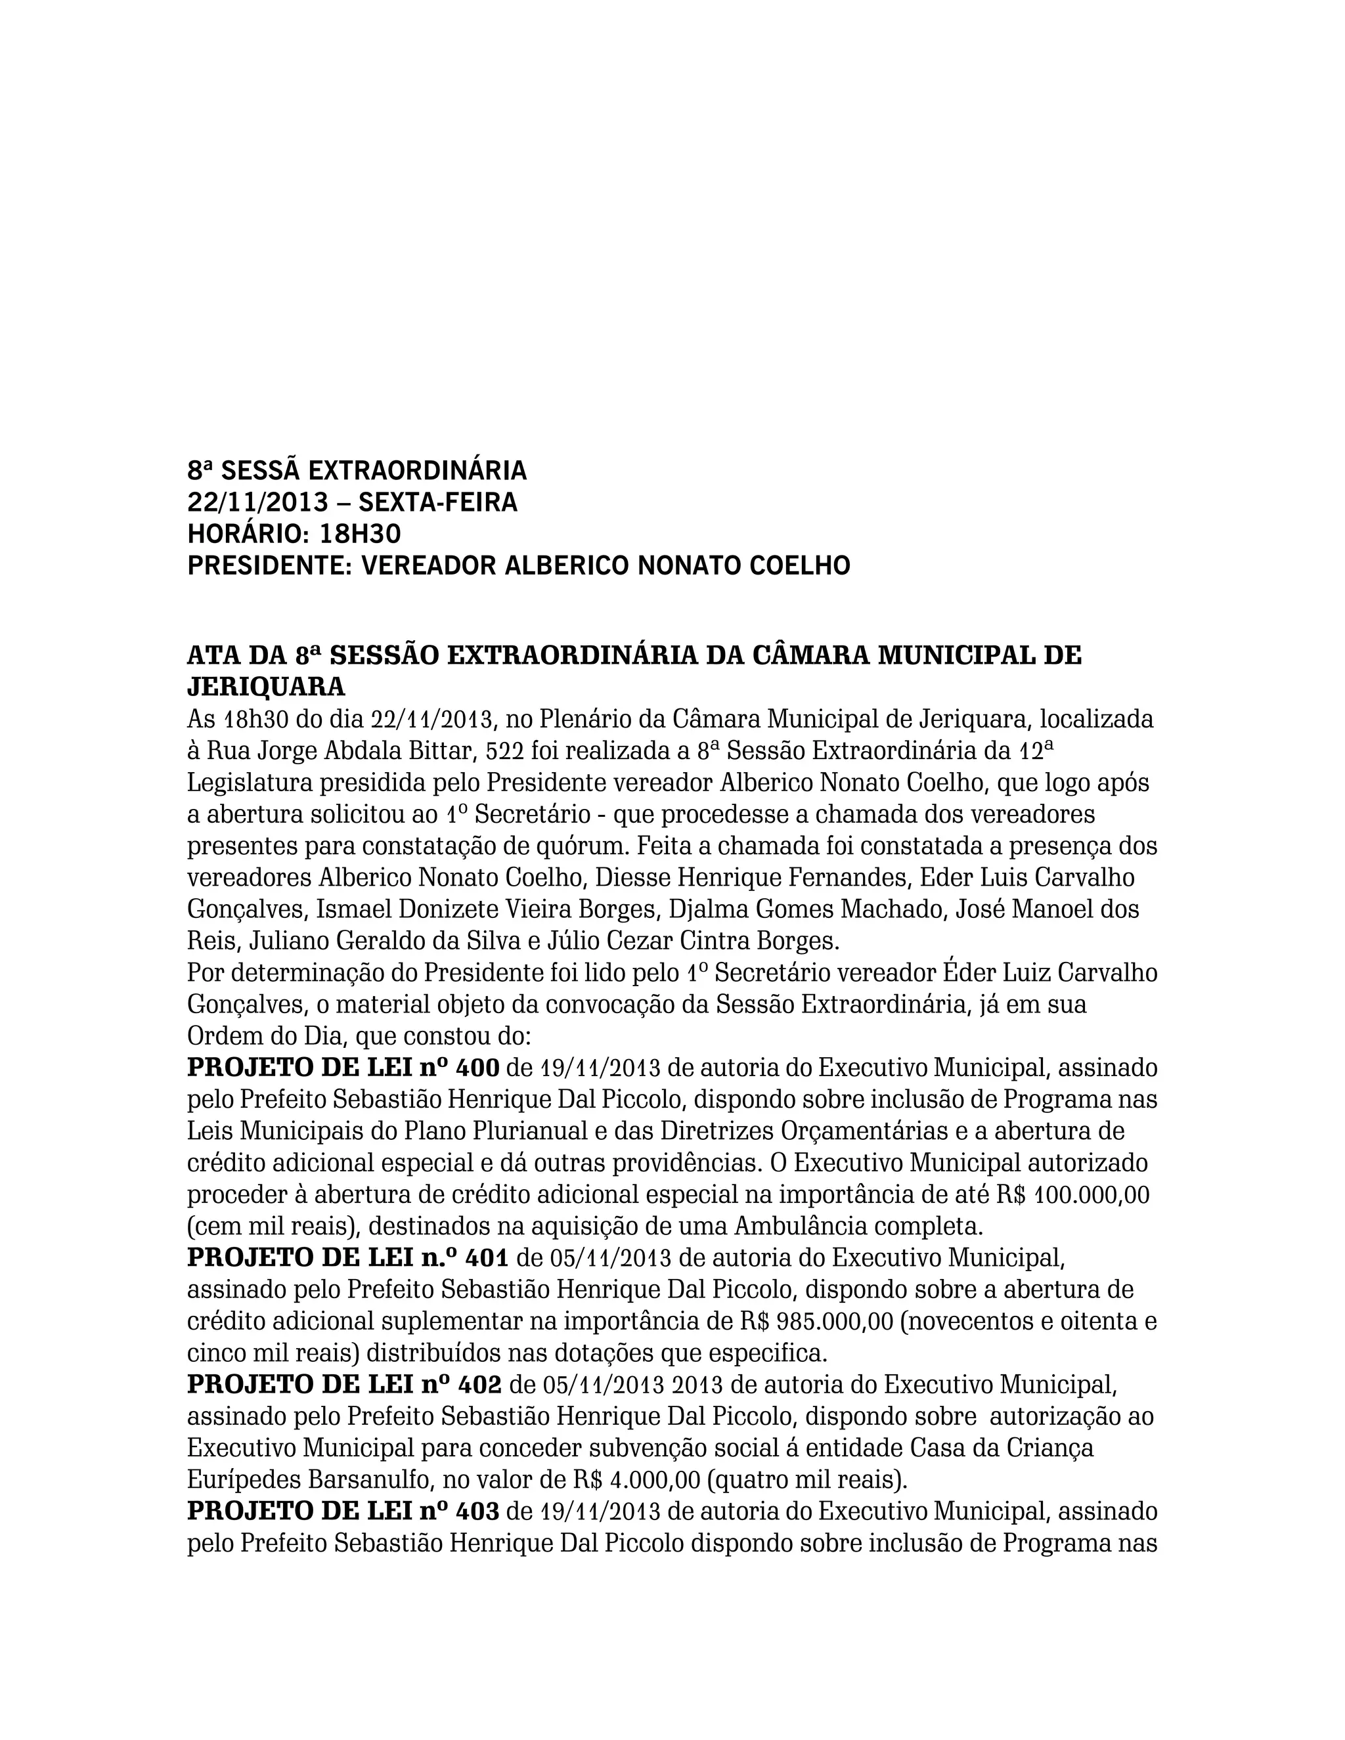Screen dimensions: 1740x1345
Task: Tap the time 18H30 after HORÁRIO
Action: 360,534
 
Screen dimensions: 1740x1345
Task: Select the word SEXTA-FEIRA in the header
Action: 437,503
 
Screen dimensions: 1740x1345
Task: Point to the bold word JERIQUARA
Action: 266,686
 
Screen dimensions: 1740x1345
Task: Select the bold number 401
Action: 486,1258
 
